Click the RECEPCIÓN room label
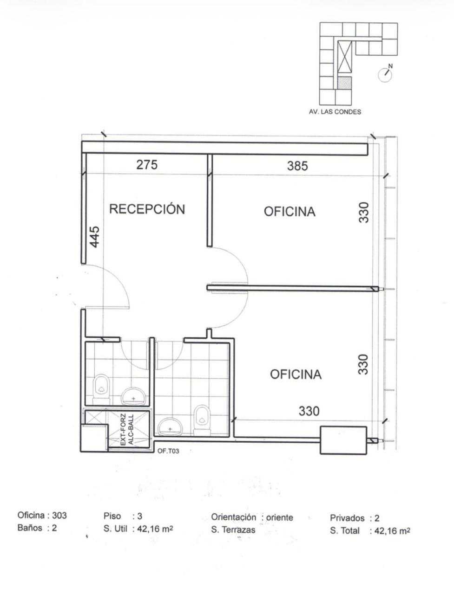pos(147,209)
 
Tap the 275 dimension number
pos(147,165)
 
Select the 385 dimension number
pos(297,166)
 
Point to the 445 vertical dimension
pos(94,237)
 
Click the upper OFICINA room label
pos(290,212)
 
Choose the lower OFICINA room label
pos(296,374)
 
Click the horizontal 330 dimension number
pos(309,411)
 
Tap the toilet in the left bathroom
pos(101,389)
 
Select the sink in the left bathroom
pos(133,396)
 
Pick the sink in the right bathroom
pos(170,427)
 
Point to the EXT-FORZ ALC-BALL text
pos(127,430)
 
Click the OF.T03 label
pos(168,451)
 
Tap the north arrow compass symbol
pos(385,74)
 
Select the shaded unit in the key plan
pos(344,83)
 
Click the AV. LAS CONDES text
pos(335,112)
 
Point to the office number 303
pos(59,515)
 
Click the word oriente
pos(280,517)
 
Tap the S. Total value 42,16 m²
pos(392,531)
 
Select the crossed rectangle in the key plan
pos(344,58)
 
